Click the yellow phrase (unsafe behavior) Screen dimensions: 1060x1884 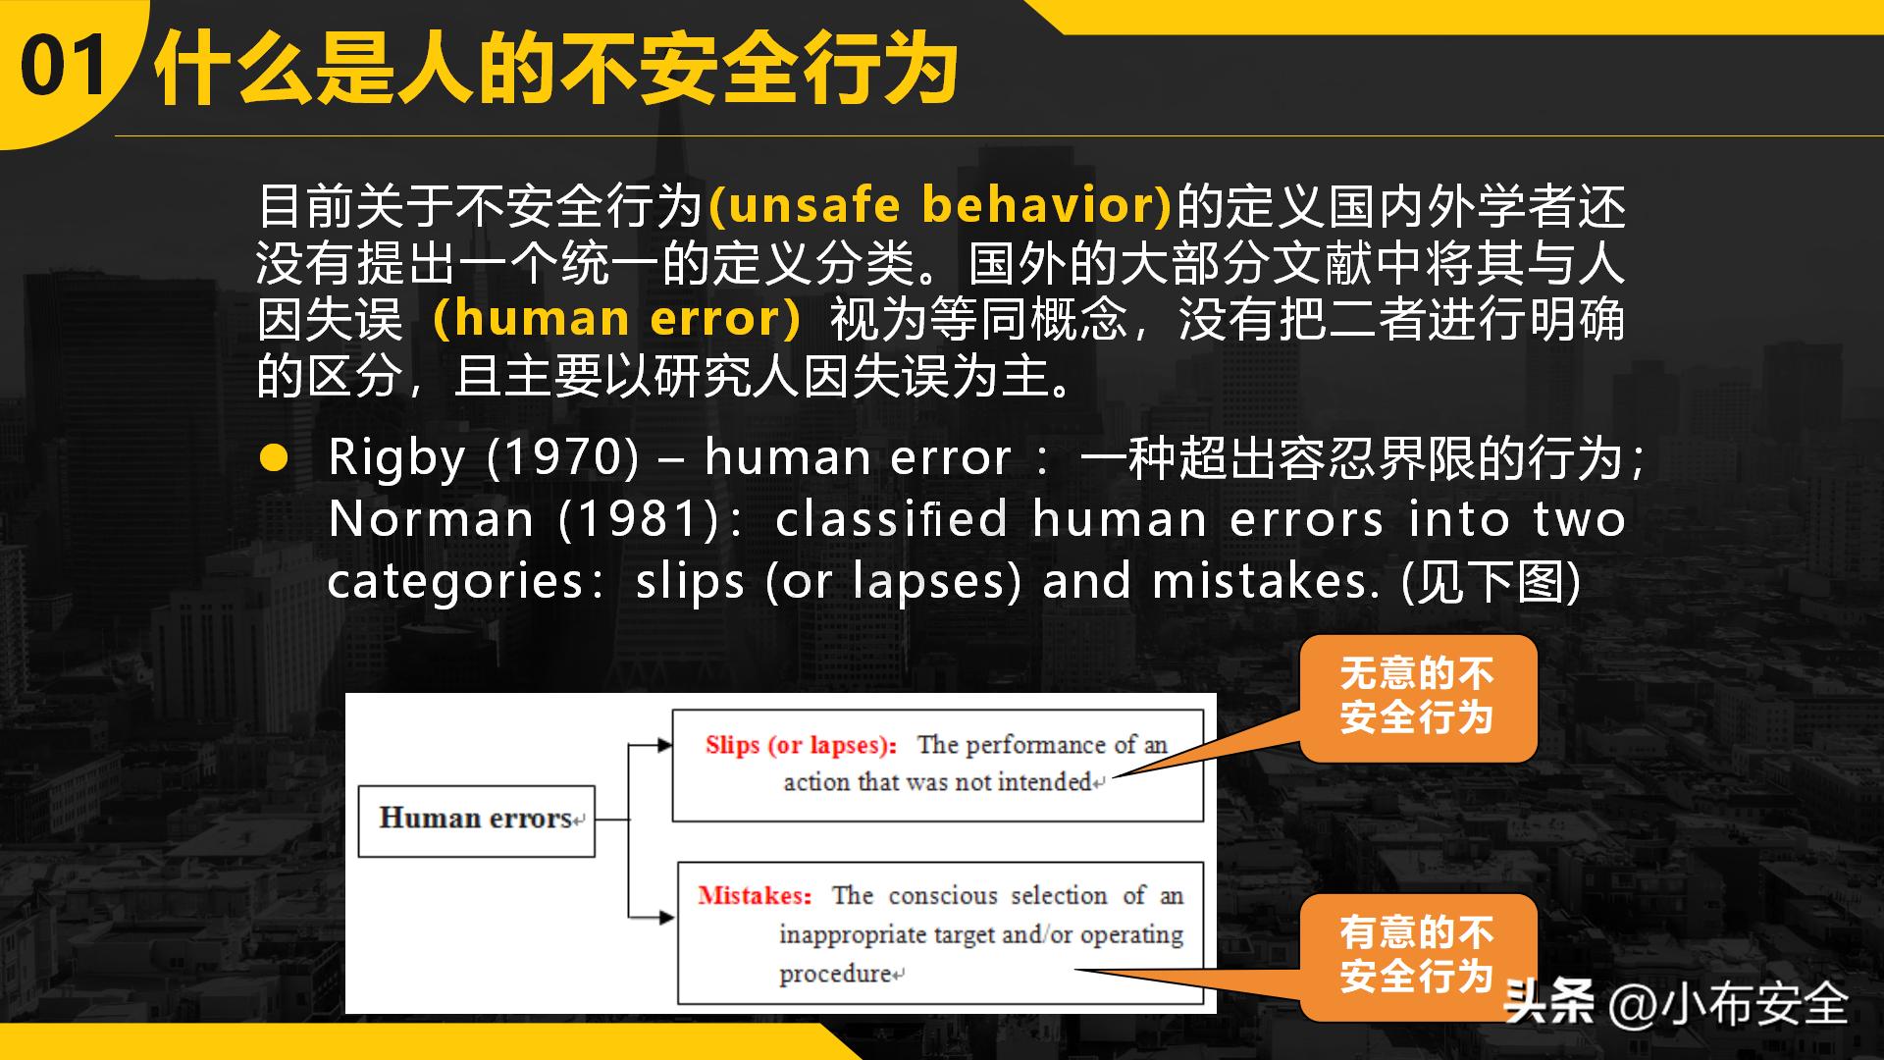[940, 205]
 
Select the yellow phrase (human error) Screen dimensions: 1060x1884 [616, 319]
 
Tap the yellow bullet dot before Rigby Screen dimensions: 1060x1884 [274, 458]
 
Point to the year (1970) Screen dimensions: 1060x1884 [562, 458]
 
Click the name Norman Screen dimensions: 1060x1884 [431, 519]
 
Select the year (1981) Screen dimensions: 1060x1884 [639, 519]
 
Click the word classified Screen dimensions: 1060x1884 [891, 519]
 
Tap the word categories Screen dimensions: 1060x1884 [455, 581]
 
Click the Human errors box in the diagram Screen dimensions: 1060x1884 [476, 820]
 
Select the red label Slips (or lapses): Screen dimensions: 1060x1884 [801, 746]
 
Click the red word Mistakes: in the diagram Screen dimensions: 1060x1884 [755, 896]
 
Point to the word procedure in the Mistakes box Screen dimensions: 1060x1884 [835, 974]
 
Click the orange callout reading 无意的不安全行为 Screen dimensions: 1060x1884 [1417, 697]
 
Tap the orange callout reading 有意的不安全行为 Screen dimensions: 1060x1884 [1417, 955]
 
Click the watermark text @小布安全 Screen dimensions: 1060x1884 [1727, 1004]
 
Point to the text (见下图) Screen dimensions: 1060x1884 [1491, 581]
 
